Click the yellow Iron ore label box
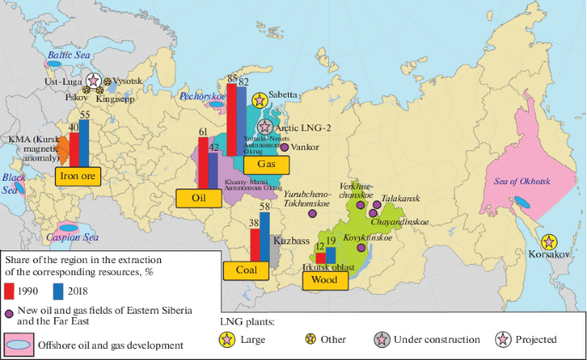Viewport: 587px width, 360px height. click(x=77, y=177)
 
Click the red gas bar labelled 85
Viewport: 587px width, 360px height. click(x=231, y=119)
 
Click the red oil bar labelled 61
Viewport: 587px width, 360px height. click(x=203, y=163)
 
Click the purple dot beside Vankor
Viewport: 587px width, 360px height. click(x=284, y=147)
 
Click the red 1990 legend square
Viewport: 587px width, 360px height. click(x=12, y=287)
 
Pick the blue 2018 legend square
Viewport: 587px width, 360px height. click(x=57, y=287)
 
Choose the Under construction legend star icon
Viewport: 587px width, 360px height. click(x=380, y=340)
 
